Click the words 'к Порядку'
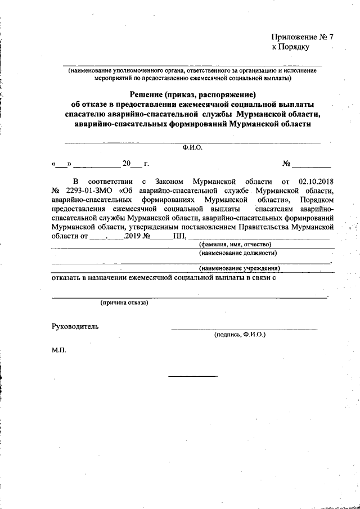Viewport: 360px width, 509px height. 291,47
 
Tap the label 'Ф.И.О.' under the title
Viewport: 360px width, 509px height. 192,148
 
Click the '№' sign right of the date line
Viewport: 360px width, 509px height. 286,164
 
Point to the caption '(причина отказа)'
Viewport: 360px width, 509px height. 124,303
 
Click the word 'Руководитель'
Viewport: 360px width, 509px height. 75,326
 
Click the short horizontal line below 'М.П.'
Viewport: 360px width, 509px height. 193,376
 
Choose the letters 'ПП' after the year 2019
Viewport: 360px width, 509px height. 179,236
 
